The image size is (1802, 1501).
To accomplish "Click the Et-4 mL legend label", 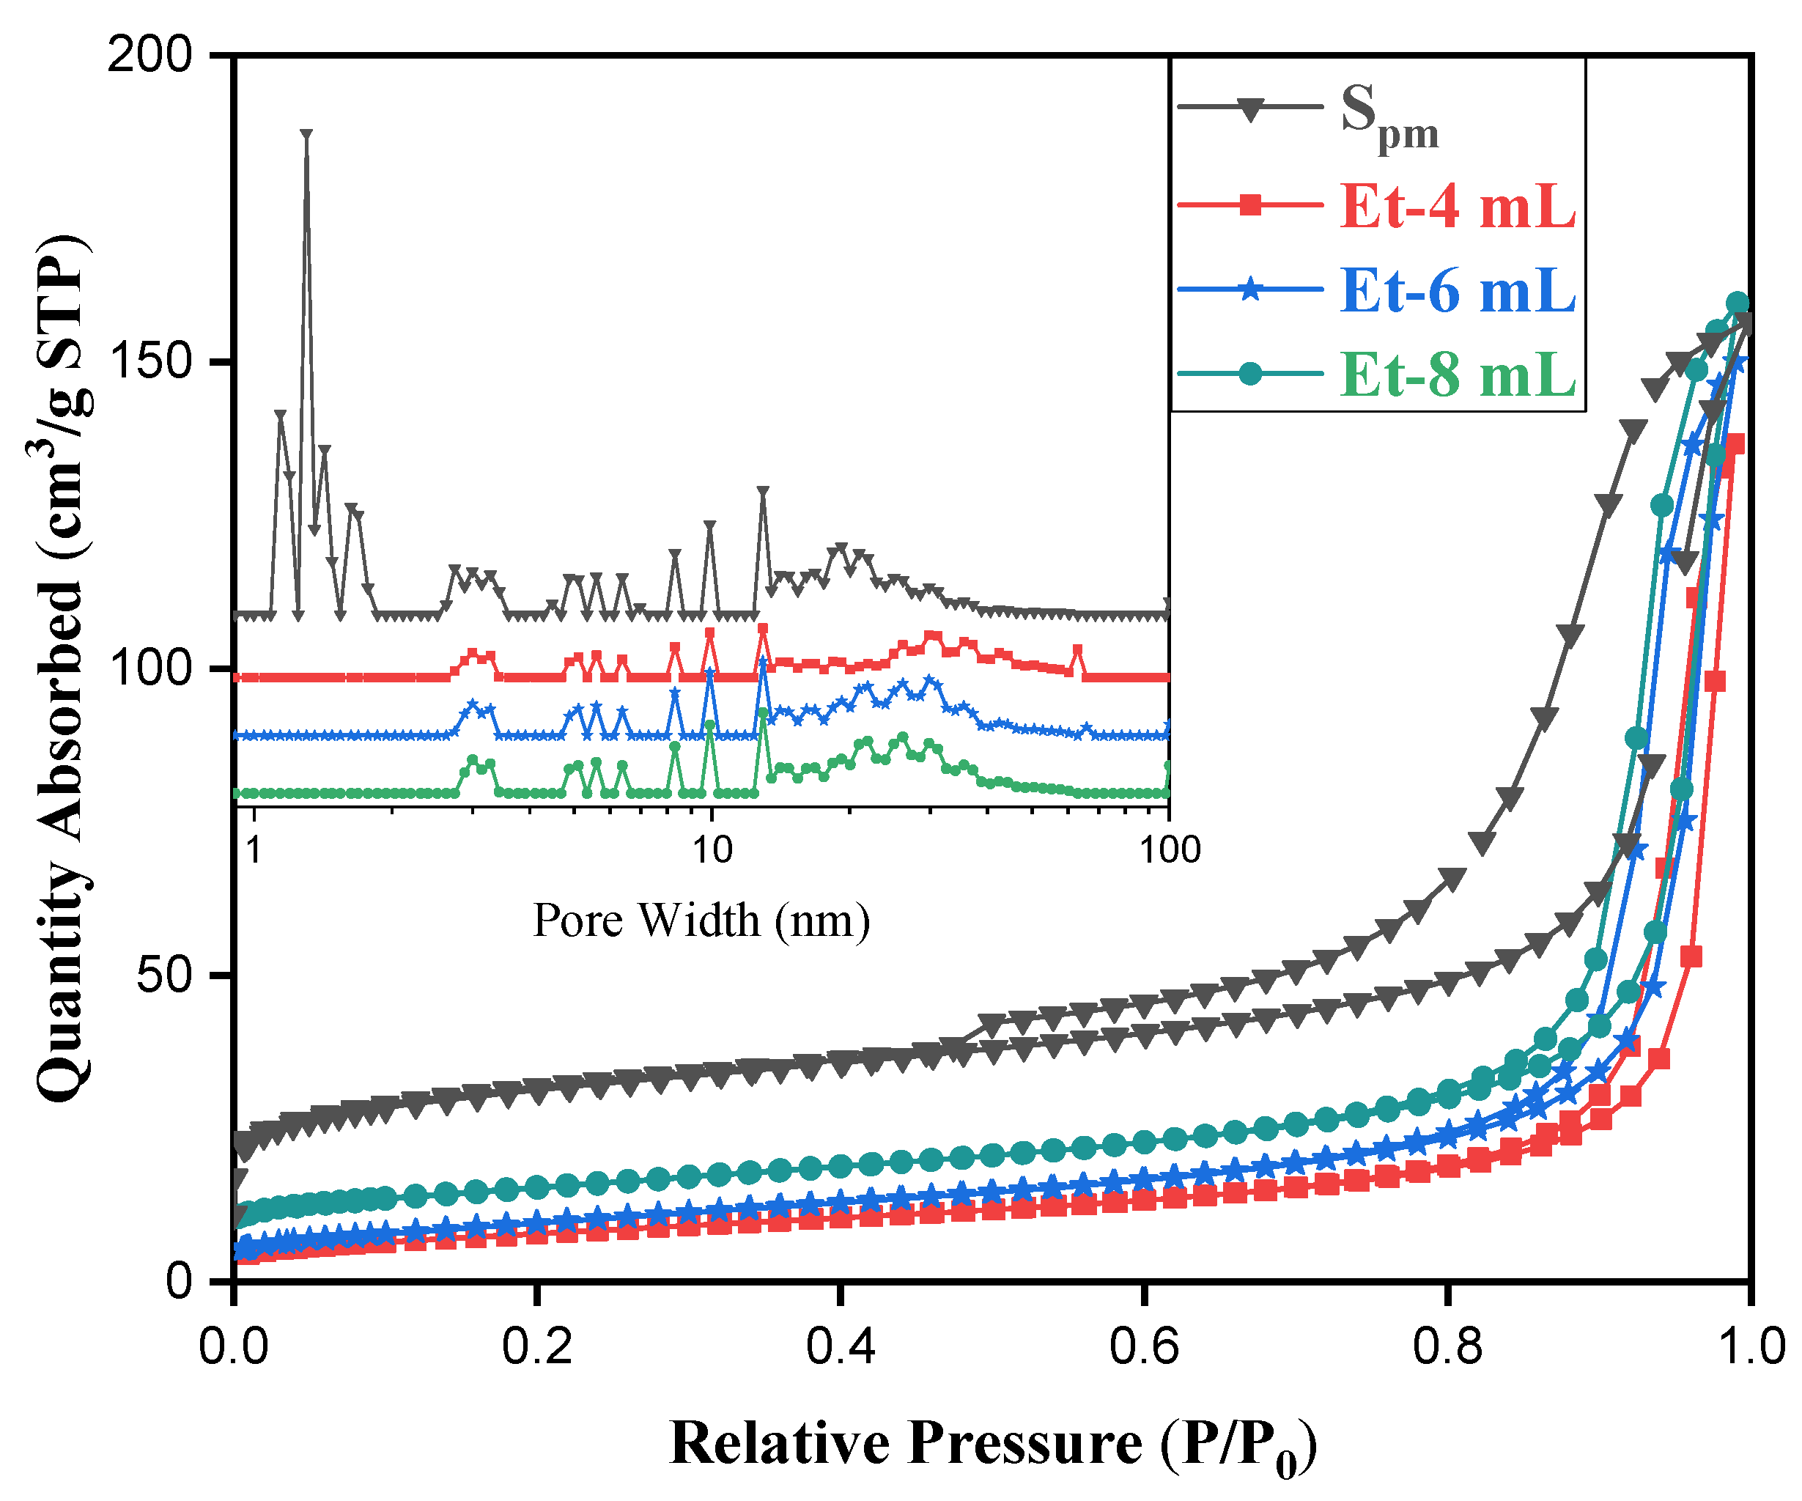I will (1457, 207).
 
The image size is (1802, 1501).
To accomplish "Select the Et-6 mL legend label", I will (1457, 291).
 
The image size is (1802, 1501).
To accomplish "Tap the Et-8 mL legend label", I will (1457, 375).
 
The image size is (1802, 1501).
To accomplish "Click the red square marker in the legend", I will (1251, 205).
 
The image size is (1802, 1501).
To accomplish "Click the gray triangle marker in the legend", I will (1251, 110).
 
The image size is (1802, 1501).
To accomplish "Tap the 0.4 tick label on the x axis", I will (840, 1346).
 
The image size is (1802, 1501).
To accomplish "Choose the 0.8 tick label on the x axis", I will (1447, 1346).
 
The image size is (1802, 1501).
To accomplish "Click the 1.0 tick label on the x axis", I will (1751, 1346).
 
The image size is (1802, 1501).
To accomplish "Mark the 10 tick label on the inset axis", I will (712, 849).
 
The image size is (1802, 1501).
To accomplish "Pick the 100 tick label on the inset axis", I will (1170, 849).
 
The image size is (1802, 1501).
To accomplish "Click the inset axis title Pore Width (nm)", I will (701, 921).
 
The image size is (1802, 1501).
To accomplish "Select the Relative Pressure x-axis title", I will (993, 1445).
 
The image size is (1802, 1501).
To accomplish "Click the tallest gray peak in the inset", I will (306, 135).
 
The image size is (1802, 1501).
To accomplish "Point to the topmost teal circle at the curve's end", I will (1738, 303).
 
